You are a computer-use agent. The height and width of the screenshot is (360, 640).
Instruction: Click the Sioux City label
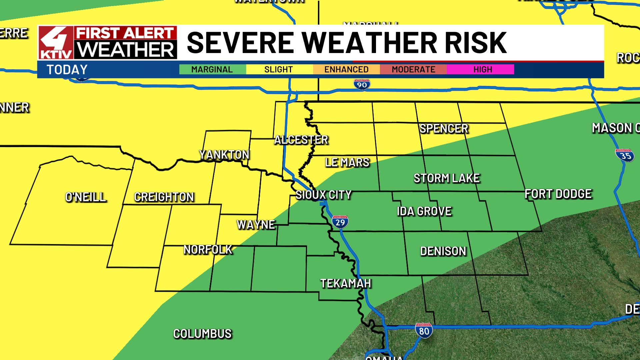click(323, 195)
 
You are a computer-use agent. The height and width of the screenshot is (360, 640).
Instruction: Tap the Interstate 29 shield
click(340, 222)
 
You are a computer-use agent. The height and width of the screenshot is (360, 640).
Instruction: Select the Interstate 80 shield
click(424, 331)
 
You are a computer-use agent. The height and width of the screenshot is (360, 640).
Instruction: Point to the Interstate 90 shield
click(362, 85)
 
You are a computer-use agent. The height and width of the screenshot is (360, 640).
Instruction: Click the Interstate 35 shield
click(625, 155)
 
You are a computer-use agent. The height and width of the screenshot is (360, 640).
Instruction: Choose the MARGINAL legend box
click(212, 69)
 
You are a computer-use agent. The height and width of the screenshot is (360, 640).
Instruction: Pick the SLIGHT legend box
click(279, 69)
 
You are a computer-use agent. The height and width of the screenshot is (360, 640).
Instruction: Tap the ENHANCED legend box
click(346, 69)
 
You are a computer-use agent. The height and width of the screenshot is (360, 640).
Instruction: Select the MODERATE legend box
click(413, 69)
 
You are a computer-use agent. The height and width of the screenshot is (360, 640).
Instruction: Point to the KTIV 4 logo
click(56, 43)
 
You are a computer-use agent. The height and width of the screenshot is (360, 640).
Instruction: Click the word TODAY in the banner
click(67, 70)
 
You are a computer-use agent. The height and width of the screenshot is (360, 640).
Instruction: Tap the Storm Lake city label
click(447, 178)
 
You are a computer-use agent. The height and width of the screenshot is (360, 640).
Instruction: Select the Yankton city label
click(224, 155)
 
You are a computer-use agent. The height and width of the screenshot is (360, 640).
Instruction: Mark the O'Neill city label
click(86, 197)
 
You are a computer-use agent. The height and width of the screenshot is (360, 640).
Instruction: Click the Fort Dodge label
click(558, 194)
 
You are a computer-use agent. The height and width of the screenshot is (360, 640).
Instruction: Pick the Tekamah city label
click(345, 283)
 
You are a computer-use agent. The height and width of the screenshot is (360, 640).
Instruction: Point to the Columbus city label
click(202, 334)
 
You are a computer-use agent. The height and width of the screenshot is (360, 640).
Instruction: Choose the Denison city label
click(443, 251)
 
